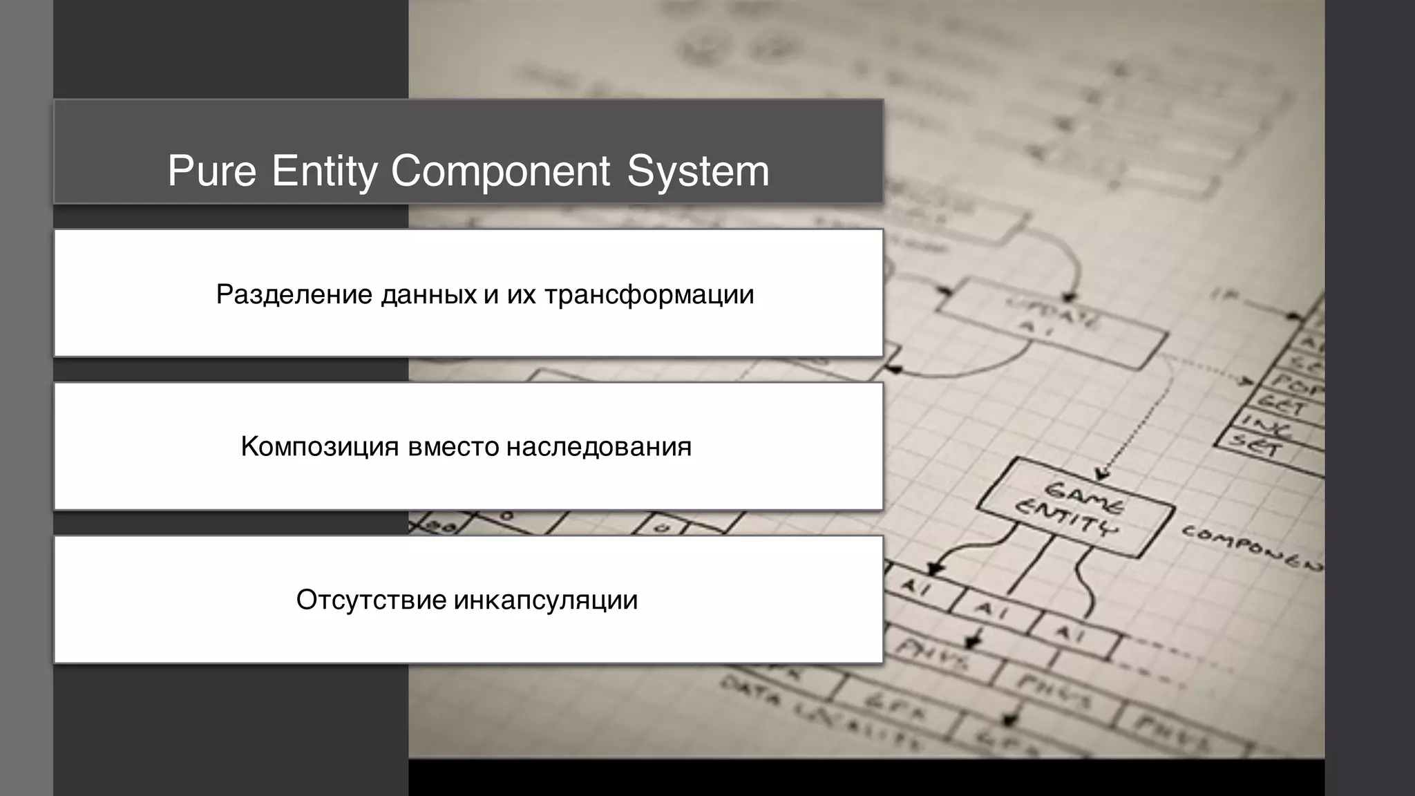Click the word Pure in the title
point(211,171)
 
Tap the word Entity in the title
point(324,171)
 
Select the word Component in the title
point(501,171)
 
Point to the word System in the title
point(698,171)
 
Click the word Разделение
point(294,294)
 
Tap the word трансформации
point(649,294)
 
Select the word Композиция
point(320,447)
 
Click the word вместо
point(453,447)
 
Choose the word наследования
point(598,447)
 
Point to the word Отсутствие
point(371,600)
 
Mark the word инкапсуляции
point(545,600)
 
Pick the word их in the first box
point(517,294)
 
